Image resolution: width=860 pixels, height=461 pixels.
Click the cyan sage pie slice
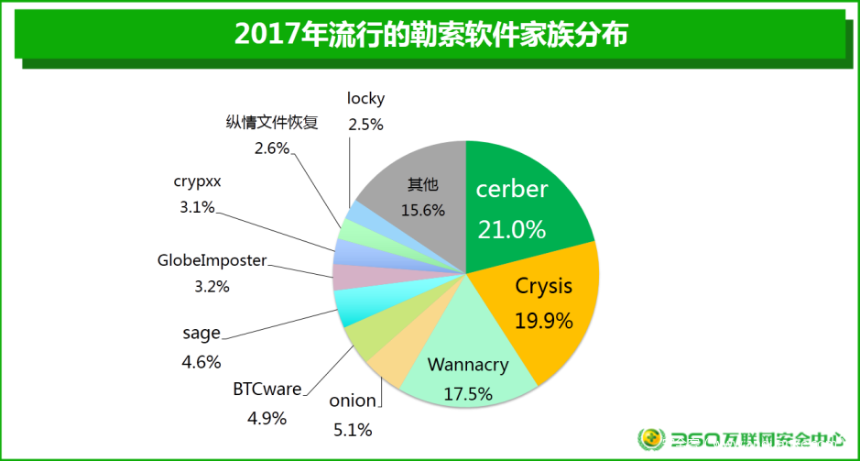(x=353, y=307)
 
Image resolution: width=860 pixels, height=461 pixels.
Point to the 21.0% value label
(x=511, y=229)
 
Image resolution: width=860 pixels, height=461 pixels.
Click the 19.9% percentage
(x=543, y=321)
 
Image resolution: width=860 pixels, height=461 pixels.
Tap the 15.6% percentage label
(x=422, y=210)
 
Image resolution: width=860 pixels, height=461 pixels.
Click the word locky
(x=365, y=98)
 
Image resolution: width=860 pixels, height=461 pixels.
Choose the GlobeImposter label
(x=212, y=260)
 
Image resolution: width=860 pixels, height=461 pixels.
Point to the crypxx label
(x=197, y=181)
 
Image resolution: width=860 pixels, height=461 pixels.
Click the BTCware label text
(x=267, y=390)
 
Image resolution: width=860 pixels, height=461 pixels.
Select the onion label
(x=353, y=401)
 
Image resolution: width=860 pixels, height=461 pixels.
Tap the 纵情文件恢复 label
(x=272, y=123)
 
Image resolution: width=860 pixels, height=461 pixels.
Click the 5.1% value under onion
(x=353, y=428)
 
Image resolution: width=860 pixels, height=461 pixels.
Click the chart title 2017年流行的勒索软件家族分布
(x=430, y=34)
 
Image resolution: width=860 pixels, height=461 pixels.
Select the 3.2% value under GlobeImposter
(x=212, y=287)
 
